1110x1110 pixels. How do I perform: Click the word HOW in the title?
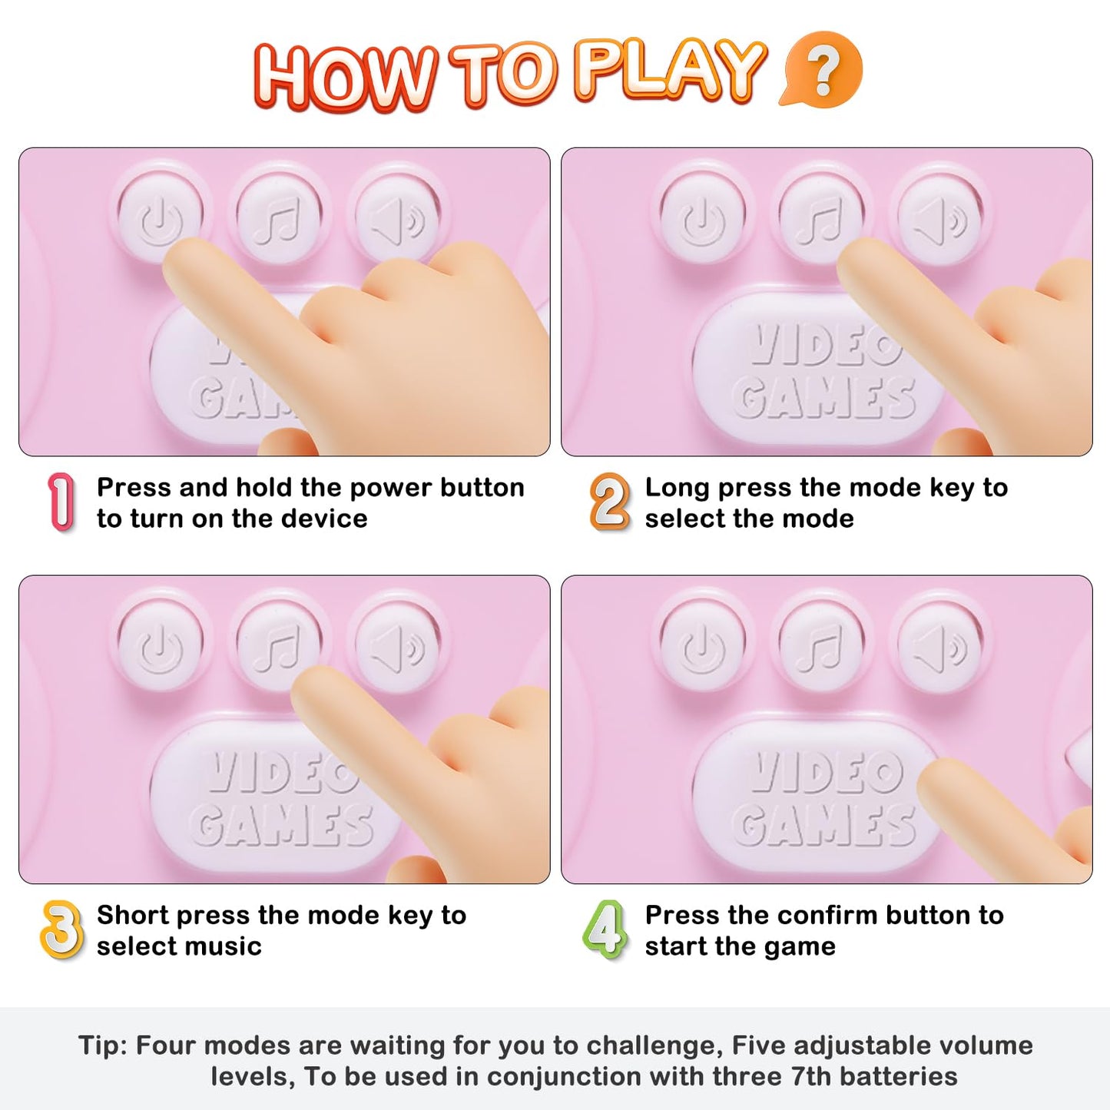[x=345, y=77]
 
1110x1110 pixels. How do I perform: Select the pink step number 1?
[x=61, y=502]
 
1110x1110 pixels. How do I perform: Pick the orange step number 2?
[x=609, y=502]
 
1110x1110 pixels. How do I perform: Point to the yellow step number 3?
[x=61, y=929]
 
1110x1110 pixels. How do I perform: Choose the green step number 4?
[x=605, y=929]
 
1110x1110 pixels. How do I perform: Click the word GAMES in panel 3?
[x=282, y=825]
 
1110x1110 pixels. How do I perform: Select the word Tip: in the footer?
[x=102, y=1045]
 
